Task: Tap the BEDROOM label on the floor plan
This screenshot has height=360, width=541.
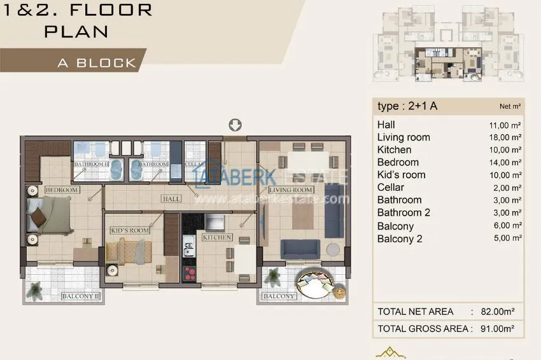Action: tap(62, 190)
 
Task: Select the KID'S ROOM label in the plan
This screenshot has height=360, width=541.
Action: tap(130, 230)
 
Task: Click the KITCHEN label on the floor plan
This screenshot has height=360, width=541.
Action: tap(217, 237)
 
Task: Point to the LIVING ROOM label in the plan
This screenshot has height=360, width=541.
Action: tap(290, 190)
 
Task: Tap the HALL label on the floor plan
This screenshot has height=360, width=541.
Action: tap(171, 199)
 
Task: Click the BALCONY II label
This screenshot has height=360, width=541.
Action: tap(81, 296)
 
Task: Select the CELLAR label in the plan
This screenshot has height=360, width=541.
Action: tap(195, 164)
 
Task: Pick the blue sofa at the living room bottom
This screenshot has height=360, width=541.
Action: tap(302, 249)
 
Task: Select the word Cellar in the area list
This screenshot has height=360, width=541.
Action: tap(390, 188)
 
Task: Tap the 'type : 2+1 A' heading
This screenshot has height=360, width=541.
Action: tap(407, 106)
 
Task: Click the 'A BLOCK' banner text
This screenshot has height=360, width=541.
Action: tap(97, 63)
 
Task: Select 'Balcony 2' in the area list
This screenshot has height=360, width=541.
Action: tap(400, 239)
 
